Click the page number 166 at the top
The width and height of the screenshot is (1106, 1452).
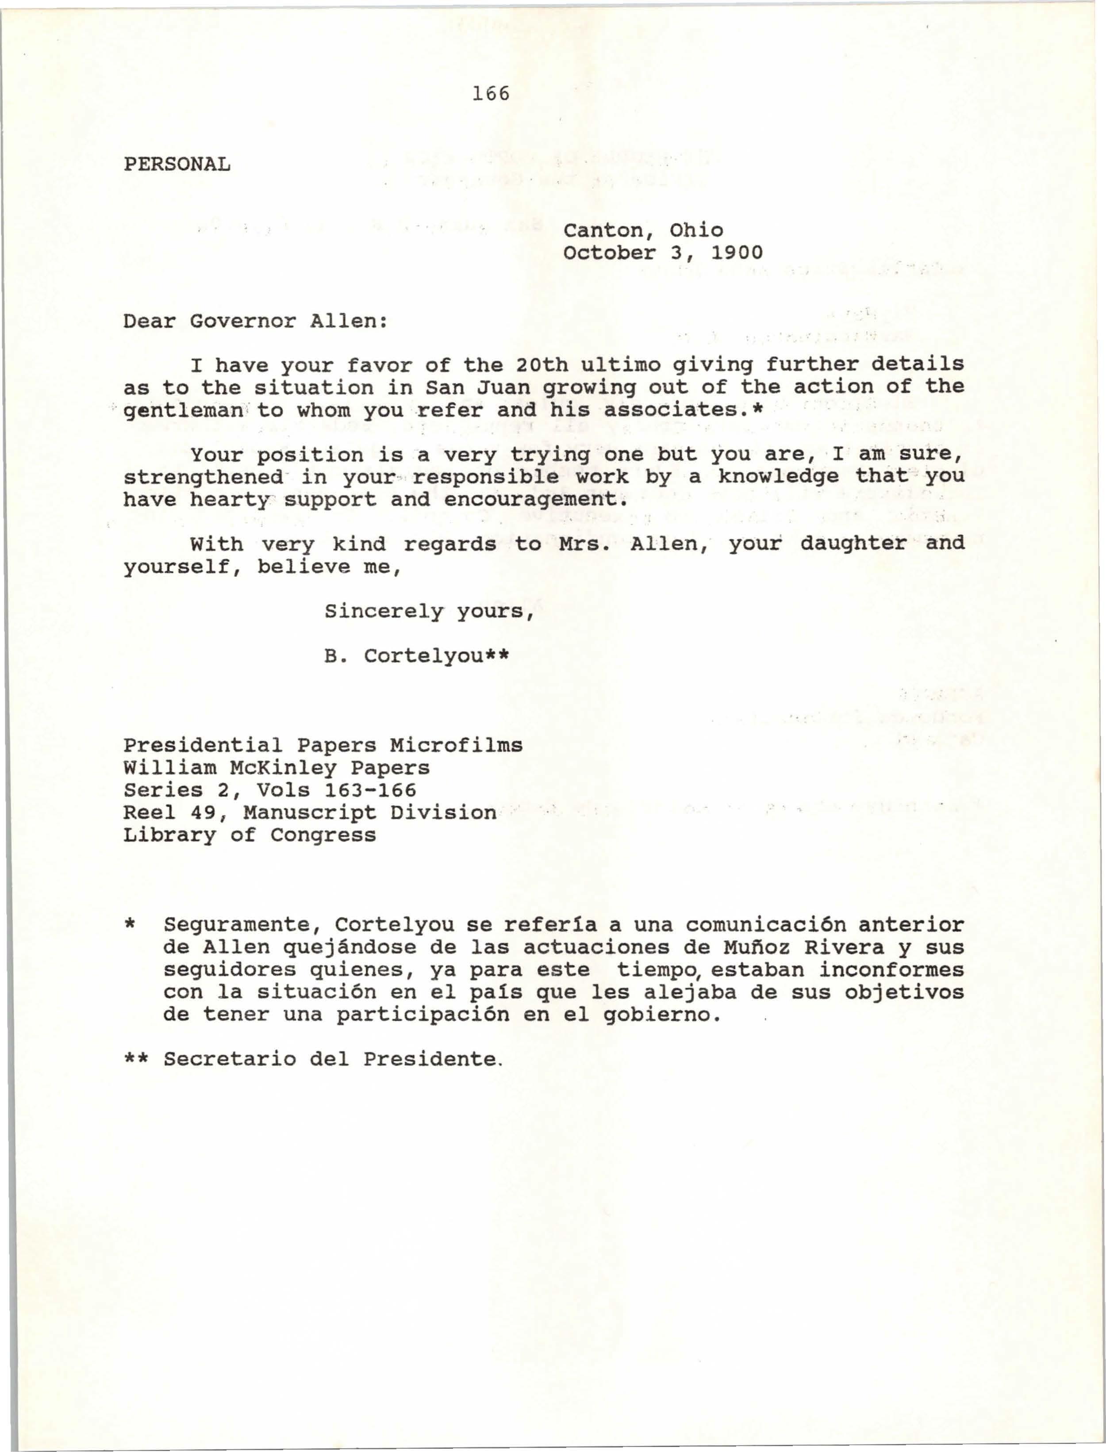tap(491, 94)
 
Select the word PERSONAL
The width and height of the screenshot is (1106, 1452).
tap(177, 164)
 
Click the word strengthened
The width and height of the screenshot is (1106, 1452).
tap(203, 476)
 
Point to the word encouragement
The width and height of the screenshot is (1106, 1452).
tap(531, 499)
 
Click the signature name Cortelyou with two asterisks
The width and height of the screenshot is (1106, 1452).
tap(437, 656)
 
